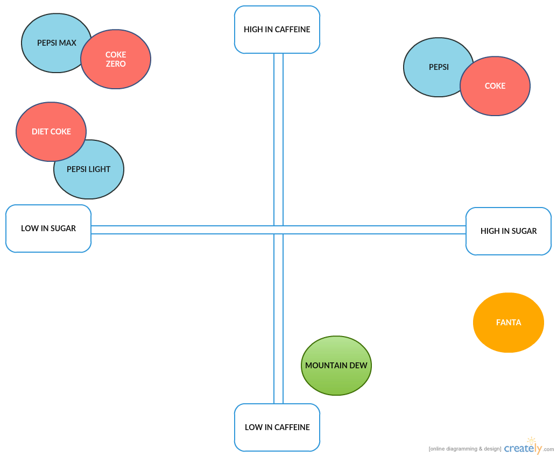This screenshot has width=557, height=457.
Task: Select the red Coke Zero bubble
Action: [x=116, y=59]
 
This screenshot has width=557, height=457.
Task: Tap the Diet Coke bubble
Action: [x=51, y=131]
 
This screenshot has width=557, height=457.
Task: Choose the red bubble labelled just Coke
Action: [x=495, y=86]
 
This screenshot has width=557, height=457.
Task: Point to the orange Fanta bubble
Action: [x=509, y=323]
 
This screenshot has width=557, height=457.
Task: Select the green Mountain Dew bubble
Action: [x=336, y=366]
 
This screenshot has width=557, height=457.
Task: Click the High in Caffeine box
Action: [x=277, y=30]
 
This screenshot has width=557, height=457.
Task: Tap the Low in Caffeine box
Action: [x=277, y=427]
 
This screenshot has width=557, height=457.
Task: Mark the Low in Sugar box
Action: [x=48, y=228]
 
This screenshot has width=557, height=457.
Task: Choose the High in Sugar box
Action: [x=509, y=231]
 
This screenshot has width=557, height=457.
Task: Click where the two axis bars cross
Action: [x=278, y=230]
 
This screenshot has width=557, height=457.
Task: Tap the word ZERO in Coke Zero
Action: [x=116, y=64]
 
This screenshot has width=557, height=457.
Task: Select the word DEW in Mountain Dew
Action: [x=359, y=366]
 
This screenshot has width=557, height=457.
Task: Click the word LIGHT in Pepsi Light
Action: [x=100, y=169]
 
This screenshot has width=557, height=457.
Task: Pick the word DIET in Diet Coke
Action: [x=40, y=132]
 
